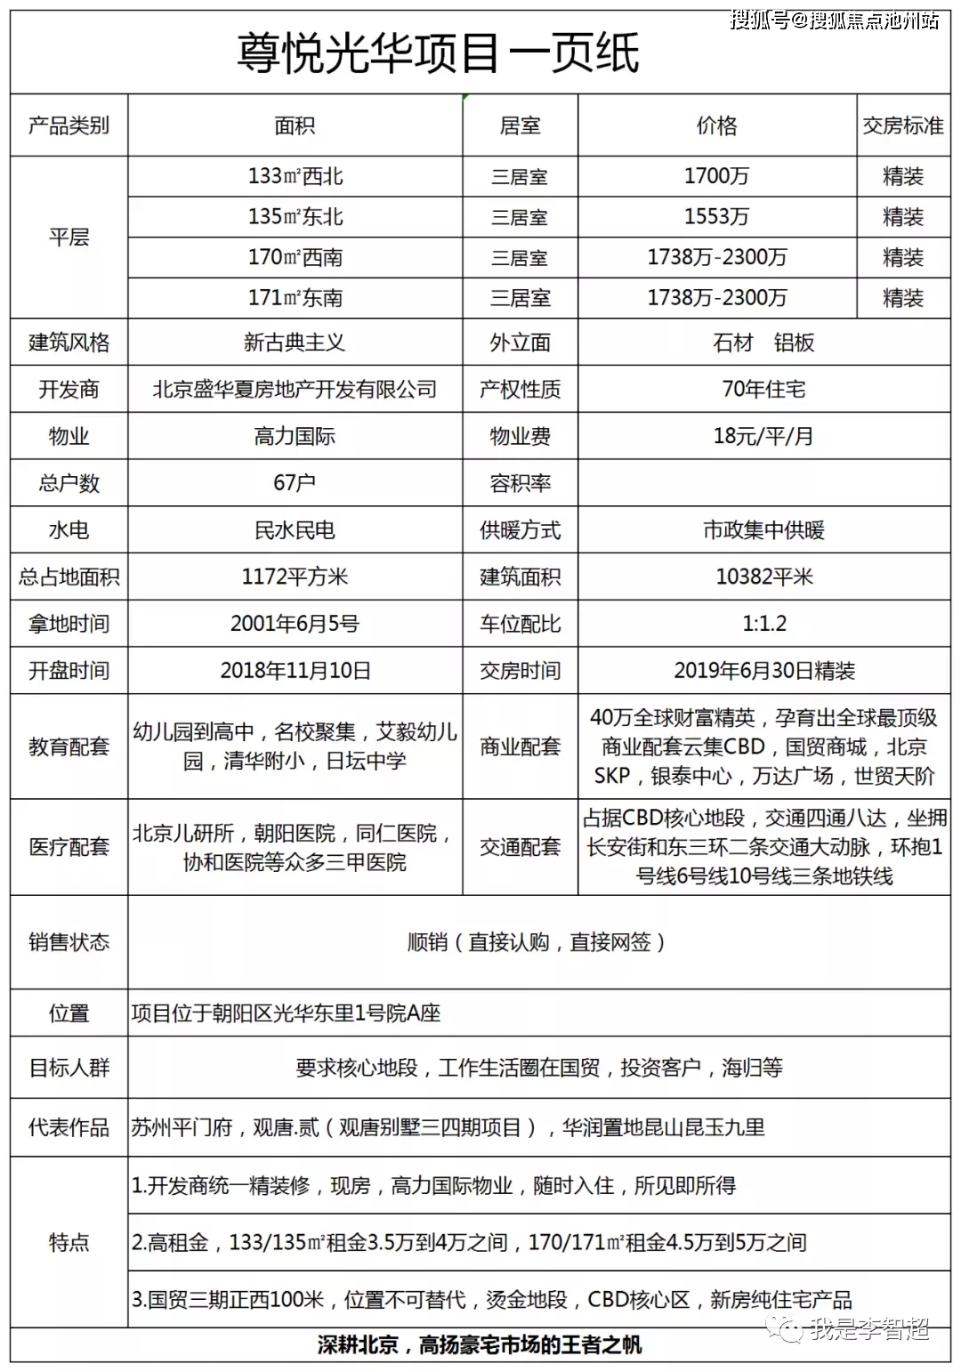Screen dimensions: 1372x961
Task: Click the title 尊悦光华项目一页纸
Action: [x=438, y=52]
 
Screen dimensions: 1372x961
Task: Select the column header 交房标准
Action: [x=902, y=125]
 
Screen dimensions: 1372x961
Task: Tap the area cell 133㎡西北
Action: [x=295, y=176]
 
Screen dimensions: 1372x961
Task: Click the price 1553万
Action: [x=716, y=216]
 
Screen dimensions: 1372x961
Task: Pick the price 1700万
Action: [x=716, y=176]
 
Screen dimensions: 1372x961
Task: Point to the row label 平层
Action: [x=69, y=237]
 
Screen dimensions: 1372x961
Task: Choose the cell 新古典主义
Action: [x=295, y=343]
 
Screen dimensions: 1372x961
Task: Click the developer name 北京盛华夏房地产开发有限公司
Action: [x=295, y=389]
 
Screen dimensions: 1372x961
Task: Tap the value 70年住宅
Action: [x=763, y=389]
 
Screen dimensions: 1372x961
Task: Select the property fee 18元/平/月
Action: [x=763, y=436]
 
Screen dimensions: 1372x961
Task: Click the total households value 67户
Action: [x=295, y=482]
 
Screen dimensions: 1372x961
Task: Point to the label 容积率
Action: [x=520, y=483]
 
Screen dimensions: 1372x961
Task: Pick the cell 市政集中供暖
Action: [x=763, y=530]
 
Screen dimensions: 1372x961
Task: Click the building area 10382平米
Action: [x=763, y=577]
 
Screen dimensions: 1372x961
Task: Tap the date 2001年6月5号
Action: [x=295, y=624]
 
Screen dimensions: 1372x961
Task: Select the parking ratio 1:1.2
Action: [x=763, y=624]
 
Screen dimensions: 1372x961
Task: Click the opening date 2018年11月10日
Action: [x=295, y=670]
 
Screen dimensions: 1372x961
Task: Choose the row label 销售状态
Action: [x=69, y=941]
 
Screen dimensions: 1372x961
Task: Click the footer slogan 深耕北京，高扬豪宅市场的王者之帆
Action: [x=480, y=1344]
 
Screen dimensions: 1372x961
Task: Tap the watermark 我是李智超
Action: [x=868, y=1329]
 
